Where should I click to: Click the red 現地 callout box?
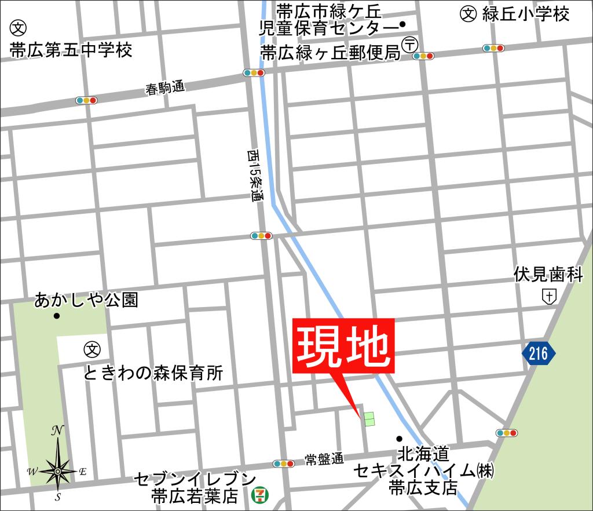pyautogui.click(x=345, y=345)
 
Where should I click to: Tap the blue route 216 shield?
pyautogui.click(x=538, y=353)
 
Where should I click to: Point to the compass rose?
pyautogui.click(x=58, y=470)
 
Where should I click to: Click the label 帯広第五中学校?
pyautogui.click(x=71, y=50)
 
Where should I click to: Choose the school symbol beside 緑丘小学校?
pyautogui.click(x=468, y=13)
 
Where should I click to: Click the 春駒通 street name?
pyautogui.click(x=165, y=89)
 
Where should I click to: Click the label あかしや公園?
pyautogui.click(x=86, y=300)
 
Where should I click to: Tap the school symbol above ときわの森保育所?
pyautogui.click(x=92, y=349)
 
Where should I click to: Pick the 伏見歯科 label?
pyautogui.click(x=548, y=275)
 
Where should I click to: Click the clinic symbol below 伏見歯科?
pyautogui.click(x=549, y=297)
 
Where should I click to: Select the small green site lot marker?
pyautogui.click(x=369, y=418)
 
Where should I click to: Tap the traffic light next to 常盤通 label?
pyautogui.click(x=284, y=463)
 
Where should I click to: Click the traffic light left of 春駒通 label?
pyautogui.click(x=86, y=100)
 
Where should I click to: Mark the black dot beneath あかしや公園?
pyautogui.click(x=57, y=316)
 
